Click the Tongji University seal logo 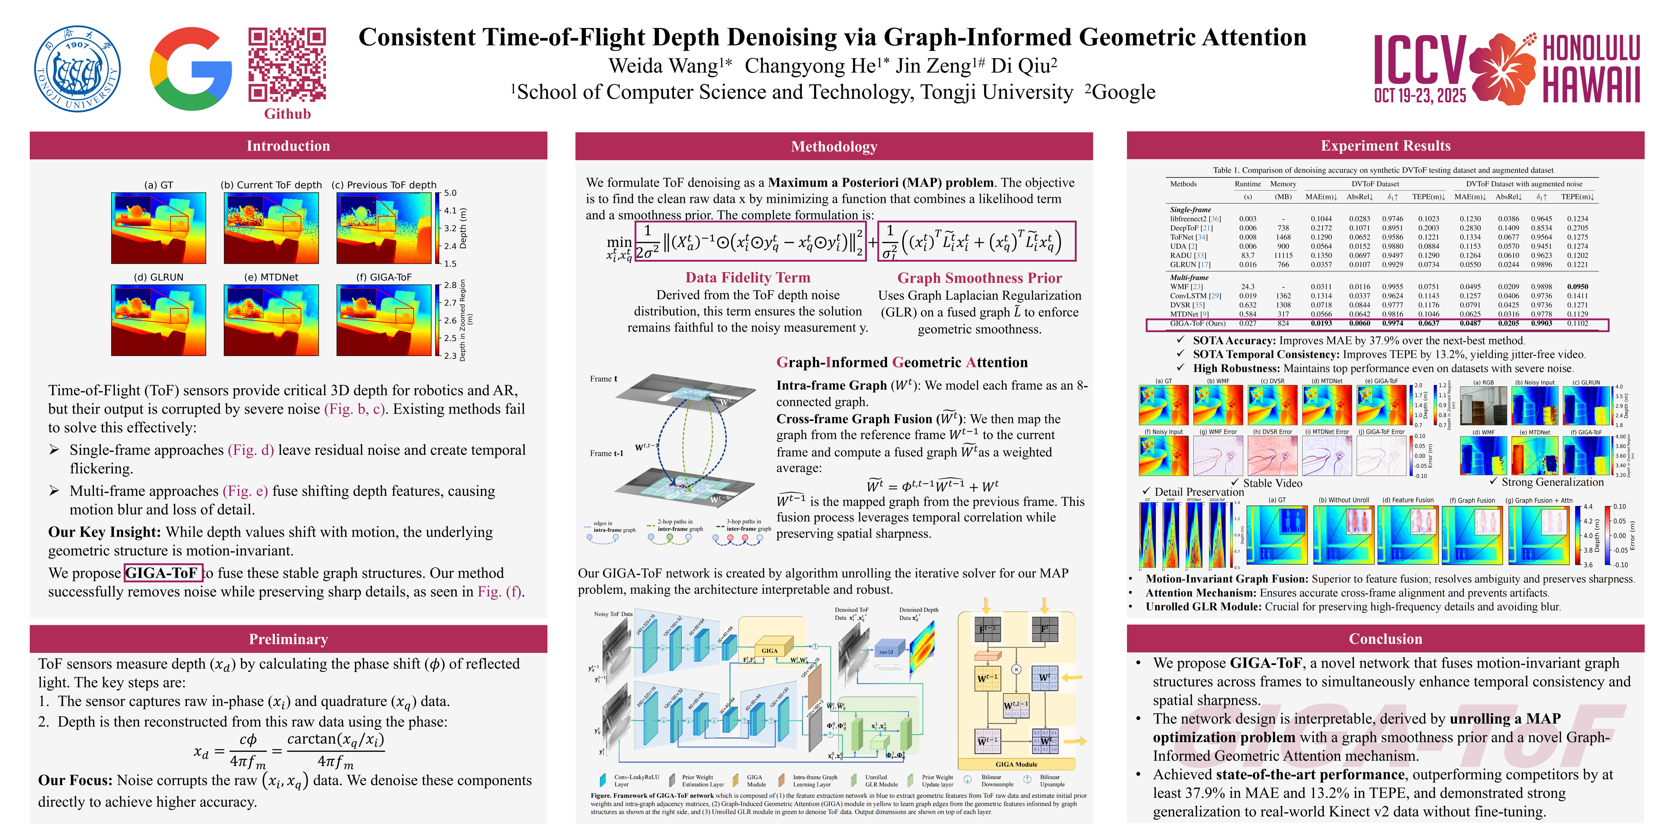click(x=77, y=69)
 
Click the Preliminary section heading click(x=288, y=639)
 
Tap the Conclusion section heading click(x=1385, y=639)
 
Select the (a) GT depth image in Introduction click(x=158, y=228)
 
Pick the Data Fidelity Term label click(x=748, y=278)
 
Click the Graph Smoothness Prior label click(x=979, y=278)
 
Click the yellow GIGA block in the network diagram click(x=770, y=650)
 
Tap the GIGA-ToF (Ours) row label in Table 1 click(x=1198, y=323)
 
